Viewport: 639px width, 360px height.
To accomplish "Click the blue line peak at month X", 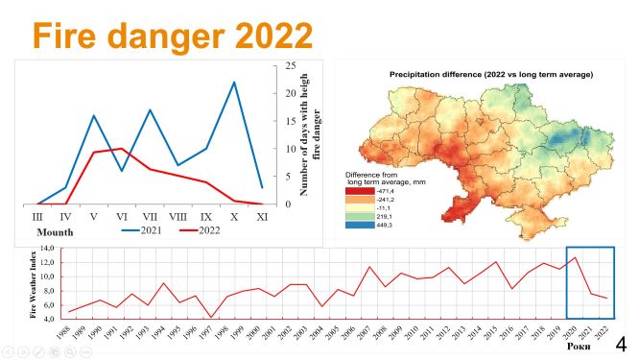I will (234, 83).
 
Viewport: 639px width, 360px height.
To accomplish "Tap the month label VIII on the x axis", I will (178, 219).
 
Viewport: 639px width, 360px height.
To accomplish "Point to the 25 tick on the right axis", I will (289, 65).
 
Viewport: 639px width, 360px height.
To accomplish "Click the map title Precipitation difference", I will (490, 74).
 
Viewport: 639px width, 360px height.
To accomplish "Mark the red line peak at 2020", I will (574, 257).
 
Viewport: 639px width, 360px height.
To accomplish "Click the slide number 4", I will (621, 343).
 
